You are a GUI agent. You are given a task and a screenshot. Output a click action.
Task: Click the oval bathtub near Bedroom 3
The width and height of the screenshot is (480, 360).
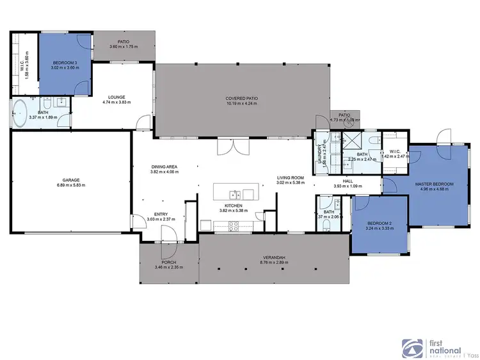coord(20,113)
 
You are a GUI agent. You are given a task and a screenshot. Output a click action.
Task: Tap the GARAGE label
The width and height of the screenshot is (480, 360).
coord(70,179)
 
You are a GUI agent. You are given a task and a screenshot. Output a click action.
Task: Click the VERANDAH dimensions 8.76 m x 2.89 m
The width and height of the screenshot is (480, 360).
coord(273,261)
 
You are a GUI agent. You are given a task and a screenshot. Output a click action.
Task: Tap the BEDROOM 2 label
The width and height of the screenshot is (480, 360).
coord(378,223)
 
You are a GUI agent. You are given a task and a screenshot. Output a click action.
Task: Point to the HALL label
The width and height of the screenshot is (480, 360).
coord(348,181)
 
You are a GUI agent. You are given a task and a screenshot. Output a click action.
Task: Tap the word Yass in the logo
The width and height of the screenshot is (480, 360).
coord(473,353)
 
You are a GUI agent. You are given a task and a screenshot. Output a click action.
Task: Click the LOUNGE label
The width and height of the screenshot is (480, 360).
coord(116,97)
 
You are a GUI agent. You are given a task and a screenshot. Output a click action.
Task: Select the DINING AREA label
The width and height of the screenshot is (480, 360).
coord(163,167)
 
